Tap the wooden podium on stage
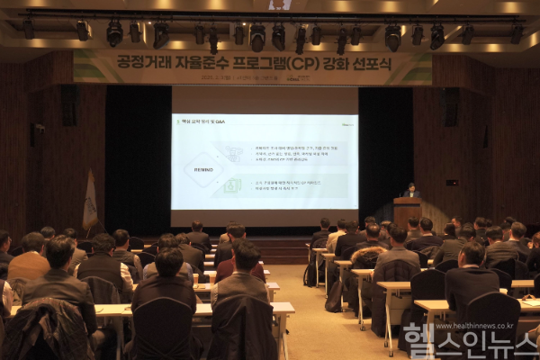(x=407, y=211)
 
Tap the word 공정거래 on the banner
(x=143, y=63)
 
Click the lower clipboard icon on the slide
(x=232, y=185)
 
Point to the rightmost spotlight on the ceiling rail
(x=517, y=33)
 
